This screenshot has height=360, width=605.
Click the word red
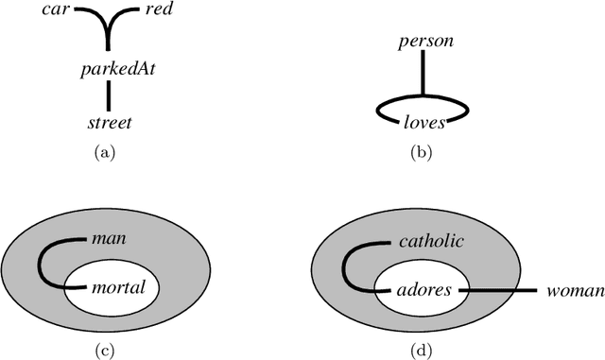coord(158,11)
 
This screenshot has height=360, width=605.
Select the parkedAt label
coord(110,68)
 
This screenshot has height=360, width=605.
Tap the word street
coord(109,123)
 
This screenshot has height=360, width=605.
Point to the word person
coord(426,42)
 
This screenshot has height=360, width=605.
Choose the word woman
coord(576,292)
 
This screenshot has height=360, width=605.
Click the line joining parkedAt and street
coord(110,95)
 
